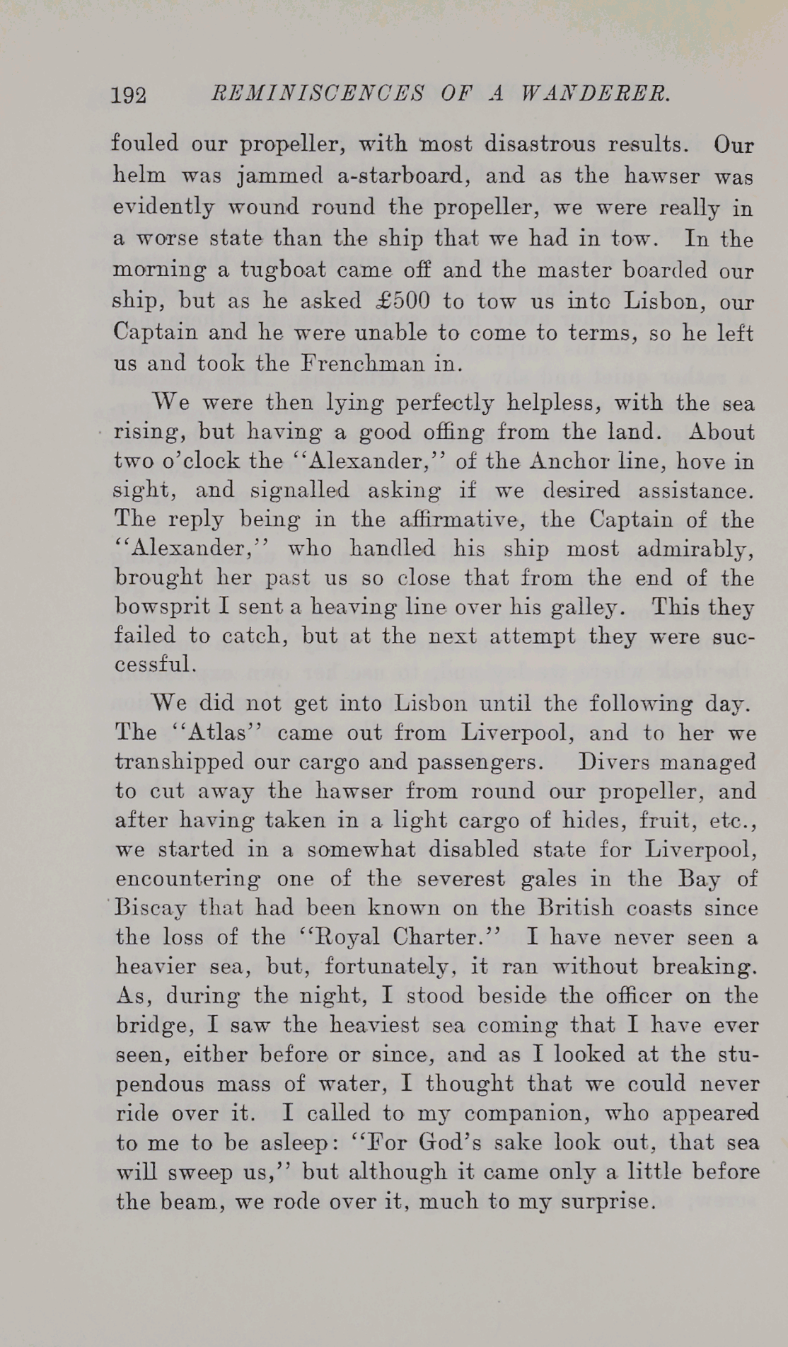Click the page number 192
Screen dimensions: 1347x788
[x=129, y=95]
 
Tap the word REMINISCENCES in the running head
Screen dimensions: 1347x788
[x=318, y=93]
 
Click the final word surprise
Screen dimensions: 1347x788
[x=609, y=1201]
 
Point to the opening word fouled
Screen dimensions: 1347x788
[x=145, y=144]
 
